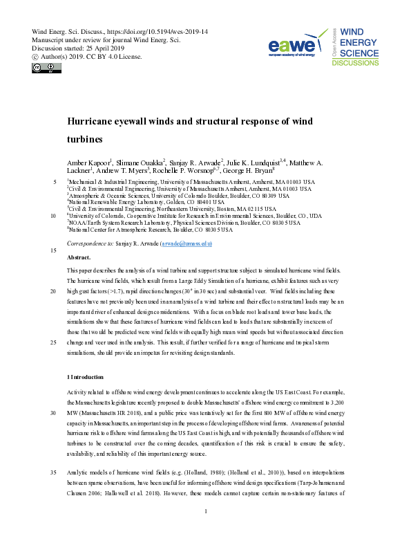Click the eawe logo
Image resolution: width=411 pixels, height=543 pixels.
[x=294, y=46]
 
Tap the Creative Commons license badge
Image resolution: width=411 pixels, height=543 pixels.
[x=44, y=68]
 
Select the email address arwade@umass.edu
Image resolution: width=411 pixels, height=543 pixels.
[x=186, y=244]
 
